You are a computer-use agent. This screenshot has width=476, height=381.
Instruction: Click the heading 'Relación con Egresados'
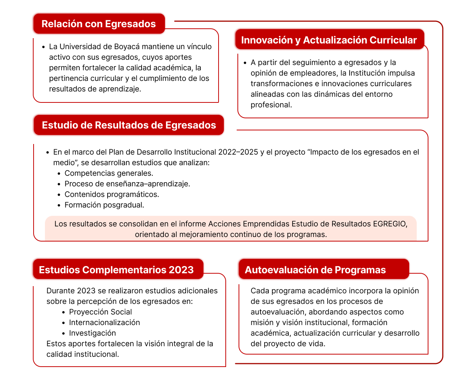click(x=99, y=24)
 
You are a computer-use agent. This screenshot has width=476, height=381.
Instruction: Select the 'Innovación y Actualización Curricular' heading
click(x=329, y=40)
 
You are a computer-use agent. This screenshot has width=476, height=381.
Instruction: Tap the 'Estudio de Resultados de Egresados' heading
click(x=129, y=125)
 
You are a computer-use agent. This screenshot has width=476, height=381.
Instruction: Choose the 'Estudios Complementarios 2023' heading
click(x=116, y=270)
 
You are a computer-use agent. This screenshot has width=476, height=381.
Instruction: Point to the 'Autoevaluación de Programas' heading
click(x=315, y=270)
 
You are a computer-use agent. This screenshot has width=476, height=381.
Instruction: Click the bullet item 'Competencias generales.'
click(x=109, y=173)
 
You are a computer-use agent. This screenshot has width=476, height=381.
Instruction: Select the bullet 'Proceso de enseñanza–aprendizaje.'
click(x=127, y=184)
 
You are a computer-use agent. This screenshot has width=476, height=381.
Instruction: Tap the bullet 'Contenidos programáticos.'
click(x=112, y=194)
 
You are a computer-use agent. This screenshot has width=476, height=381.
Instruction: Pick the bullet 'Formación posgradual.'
click(x=104, y=205)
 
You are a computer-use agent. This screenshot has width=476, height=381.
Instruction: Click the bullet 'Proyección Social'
click(x=100, y=312)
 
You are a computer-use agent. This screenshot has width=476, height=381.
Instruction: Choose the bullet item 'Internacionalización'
click(x=104, y=322)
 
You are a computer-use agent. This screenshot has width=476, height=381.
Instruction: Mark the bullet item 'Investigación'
click(x=92, y=333)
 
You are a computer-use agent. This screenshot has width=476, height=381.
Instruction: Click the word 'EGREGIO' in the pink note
click(x=390, y=224)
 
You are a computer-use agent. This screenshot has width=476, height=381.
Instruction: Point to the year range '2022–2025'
click(x=238, y=152)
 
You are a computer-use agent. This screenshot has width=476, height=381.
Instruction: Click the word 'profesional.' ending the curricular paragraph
click(x=271, y=105)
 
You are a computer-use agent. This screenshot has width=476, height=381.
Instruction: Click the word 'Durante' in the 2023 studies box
click(x=60, y=291)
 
